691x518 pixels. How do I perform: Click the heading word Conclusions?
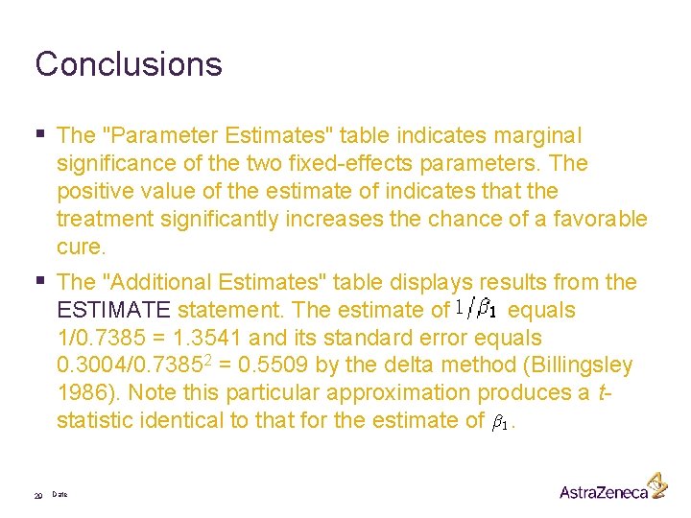click(129, 64)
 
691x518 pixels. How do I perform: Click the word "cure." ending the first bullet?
click(81, 247)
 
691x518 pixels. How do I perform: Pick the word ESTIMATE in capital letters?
click(113, 310)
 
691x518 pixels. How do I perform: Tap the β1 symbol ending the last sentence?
click(501, 421)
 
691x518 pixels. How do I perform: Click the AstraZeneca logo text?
click(604, 492)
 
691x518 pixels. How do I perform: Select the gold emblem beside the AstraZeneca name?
click(657, 484)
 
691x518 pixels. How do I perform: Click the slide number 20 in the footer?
click(37, 495)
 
